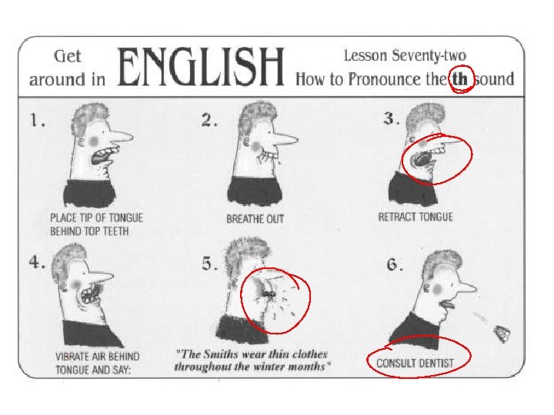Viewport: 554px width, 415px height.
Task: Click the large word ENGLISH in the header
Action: pos(201,67)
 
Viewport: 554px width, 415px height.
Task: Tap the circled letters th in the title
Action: pos(459,79)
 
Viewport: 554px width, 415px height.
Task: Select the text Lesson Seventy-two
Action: pos(405,55)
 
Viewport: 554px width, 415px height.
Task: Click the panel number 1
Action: pos(37,121)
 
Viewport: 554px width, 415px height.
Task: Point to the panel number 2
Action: pos(209,121)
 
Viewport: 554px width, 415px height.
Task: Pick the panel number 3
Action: pos(392,118)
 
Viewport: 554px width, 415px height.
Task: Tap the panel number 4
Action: pos(37,262)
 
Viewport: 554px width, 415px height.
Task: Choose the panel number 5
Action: pos(209,264)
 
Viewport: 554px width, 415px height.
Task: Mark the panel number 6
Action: pos(394,264)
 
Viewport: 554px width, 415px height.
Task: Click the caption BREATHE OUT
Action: pos(255,219)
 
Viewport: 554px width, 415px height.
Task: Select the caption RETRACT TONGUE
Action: pos(415,217)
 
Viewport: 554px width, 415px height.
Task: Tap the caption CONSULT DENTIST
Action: pos(415,363)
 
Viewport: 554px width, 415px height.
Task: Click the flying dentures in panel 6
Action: pos(502,333)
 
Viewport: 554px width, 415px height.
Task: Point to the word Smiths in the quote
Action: pos(221,354)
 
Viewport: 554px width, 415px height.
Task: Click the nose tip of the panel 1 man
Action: pos(132,136)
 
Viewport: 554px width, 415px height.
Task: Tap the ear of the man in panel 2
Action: pos(247,143)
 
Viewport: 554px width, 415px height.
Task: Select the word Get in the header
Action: pos(67,56)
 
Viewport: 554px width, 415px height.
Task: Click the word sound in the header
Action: pos(494,79)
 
